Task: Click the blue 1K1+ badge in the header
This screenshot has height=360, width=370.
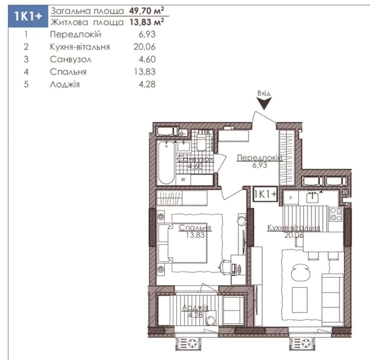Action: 28,16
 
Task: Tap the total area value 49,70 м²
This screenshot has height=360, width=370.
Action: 146,10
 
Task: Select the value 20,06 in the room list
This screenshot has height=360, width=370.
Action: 144,47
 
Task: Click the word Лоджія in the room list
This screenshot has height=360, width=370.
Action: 65,84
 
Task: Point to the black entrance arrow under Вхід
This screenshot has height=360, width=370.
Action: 264,103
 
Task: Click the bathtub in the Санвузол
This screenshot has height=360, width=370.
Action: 166,163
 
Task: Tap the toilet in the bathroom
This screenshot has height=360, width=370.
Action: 201,142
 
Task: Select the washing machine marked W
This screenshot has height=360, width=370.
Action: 183,179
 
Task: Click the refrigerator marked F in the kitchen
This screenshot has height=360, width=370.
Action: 291,198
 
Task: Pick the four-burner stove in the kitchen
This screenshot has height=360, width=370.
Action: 336,214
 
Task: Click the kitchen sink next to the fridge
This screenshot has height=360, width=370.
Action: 312,197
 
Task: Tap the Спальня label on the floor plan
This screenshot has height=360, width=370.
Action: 195,228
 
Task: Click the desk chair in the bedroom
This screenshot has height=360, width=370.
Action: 225,267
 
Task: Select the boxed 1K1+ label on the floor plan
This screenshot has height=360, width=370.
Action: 265,194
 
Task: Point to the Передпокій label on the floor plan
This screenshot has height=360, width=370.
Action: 260,158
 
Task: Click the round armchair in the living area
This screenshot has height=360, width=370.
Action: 300,273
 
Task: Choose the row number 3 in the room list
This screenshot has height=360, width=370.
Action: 26,59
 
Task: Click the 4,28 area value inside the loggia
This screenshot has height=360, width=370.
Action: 195,315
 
